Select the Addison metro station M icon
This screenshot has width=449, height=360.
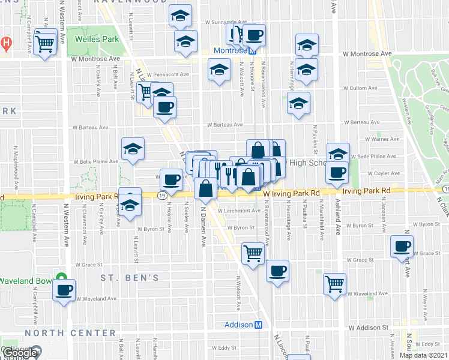[259, 325]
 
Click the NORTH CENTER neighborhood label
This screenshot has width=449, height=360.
[71, 332]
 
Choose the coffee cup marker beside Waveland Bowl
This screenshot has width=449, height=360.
[64, 291]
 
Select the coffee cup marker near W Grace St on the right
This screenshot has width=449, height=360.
[402, 246]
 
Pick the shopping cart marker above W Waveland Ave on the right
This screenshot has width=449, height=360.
[335, 283]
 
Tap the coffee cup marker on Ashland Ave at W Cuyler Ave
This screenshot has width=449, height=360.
[337, 172]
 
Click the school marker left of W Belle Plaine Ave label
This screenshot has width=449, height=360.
[133, 149]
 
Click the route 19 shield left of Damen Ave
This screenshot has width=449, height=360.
[163, 196]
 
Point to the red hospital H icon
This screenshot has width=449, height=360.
[5, 43]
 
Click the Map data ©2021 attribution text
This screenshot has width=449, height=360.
[423, 355]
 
